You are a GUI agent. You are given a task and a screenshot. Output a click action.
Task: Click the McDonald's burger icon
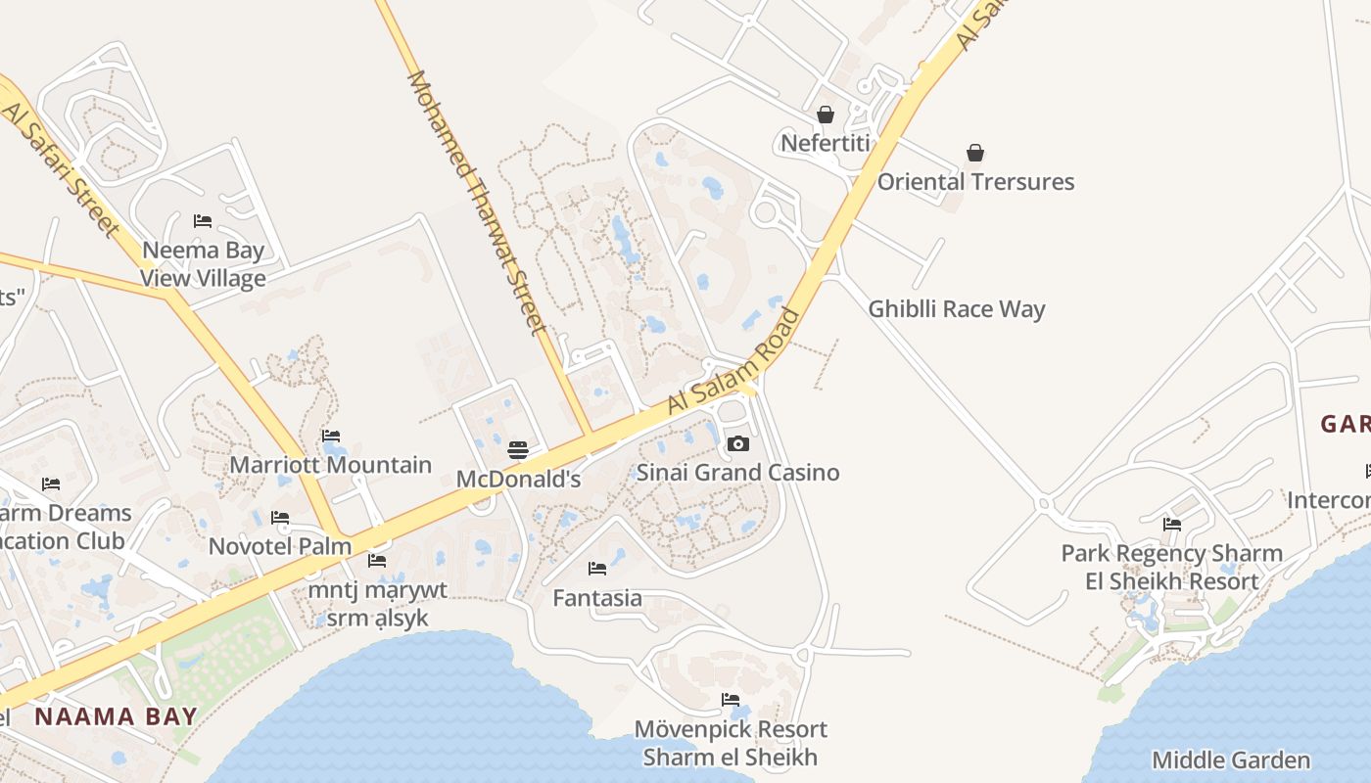pos(518,450)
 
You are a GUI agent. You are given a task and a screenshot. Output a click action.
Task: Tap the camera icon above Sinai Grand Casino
pos(738,444)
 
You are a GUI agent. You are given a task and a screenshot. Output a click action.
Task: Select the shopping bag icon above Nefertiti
pos(826,115)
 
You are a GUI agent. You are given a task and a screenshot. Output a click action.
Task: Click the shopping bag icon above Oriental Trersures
pos(975,153)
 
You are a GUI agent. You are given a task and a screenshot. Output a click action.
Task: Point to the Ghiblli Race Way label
pos(957,309)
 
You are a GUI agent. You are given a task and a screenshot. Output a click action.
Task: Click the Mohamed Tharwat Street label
pos(476,202)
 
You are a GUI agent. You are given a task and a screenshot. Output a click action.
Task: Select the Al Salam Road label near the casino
pos(733,361)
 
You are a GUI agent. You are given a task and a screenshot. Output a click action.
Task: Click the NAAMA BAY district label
pos(116,716)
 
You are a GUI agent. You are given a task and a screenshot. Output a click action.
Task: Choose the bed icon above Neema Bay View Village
pos(203,221)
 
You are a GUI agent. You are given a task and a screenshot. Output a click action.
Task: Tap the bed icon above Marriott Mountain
pos(331,437)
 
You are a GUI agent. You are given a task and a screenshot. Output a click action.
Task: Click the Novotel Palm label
pos(280,546)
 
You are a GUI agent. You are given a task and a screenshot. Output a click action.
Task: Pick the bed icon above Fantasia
pos(597,569)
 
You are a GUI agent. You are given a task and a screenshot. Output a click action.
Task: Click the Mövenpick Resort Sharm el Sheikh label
pos(731,743)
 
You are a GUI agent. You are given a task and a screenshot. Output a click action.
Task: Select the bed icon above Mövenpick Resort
pos(731,700)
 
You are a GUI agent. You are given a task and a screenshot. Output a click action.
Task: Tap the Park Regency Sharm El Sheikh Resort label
pos(1172,568)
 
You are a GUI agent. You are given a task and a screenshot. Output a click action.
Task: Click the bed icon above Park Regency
pos(1172,525)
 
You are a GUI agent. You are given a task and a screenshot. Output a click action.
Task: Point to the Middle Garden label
pos(1231,760)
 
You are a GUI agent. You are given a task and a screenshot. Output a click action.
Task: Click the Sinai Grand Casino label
pos(738,473)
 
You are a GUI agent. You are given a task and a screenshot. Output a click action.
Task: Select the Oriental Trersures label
pos(975,182)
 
